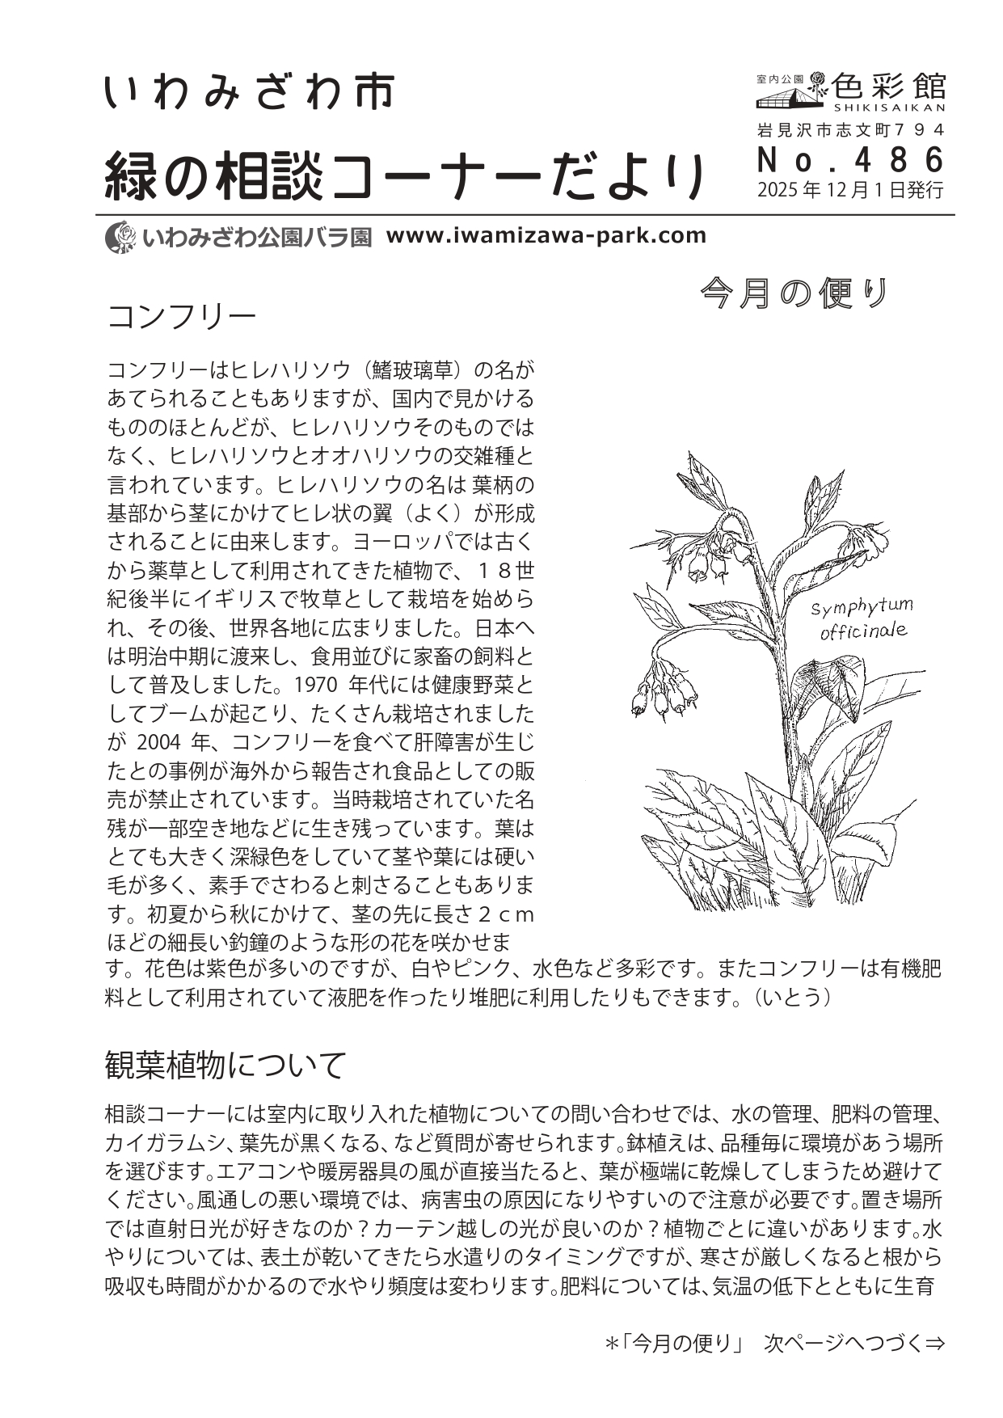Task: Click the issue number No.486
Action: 850,160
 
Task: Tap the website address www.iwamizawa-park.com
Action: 546,235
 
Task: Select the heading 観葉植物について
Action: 225,1066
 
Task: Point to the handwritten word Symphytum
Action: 862,606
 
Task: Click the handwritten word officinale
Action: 862,631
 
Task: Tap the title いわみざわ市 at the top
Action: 249,92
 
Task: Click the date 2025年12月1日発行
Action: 850,191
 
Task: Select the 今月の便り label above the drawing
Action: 795,293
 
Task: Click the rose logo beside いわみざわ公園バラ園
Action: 120,236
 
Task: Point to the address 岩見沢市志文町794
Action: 850,129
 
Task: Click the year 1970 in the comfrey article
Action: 315,685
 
